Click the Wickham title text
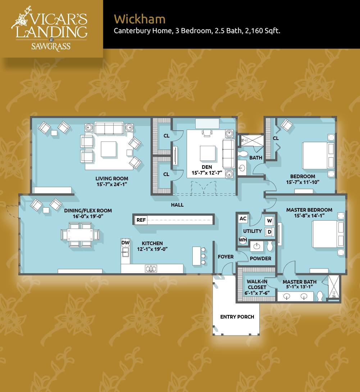(140, 19)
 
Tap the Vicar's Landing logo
(50, 29)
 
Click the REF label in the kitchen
(141, 220)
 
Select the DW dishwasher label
(126, 243)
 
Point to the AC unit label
(243, 218)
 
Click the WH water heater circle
(243, 240)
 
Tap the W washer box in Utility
(269, 221)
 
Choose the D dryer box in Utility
(269, 232)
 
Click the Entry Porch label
(237, 317)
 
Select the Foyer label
(225, 257)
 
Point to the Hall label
(177, 205)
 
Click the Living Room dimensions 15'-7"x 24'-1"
(112, 184)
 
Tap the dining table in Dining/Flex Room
(80, 235)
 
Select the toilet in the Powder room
(270, 246)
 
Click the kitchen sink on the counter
(151, 269)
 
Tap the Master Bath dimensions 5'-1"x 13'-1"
(300, 287)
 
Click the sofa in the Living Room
(109, 128)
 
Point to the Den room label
(207, 167)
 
